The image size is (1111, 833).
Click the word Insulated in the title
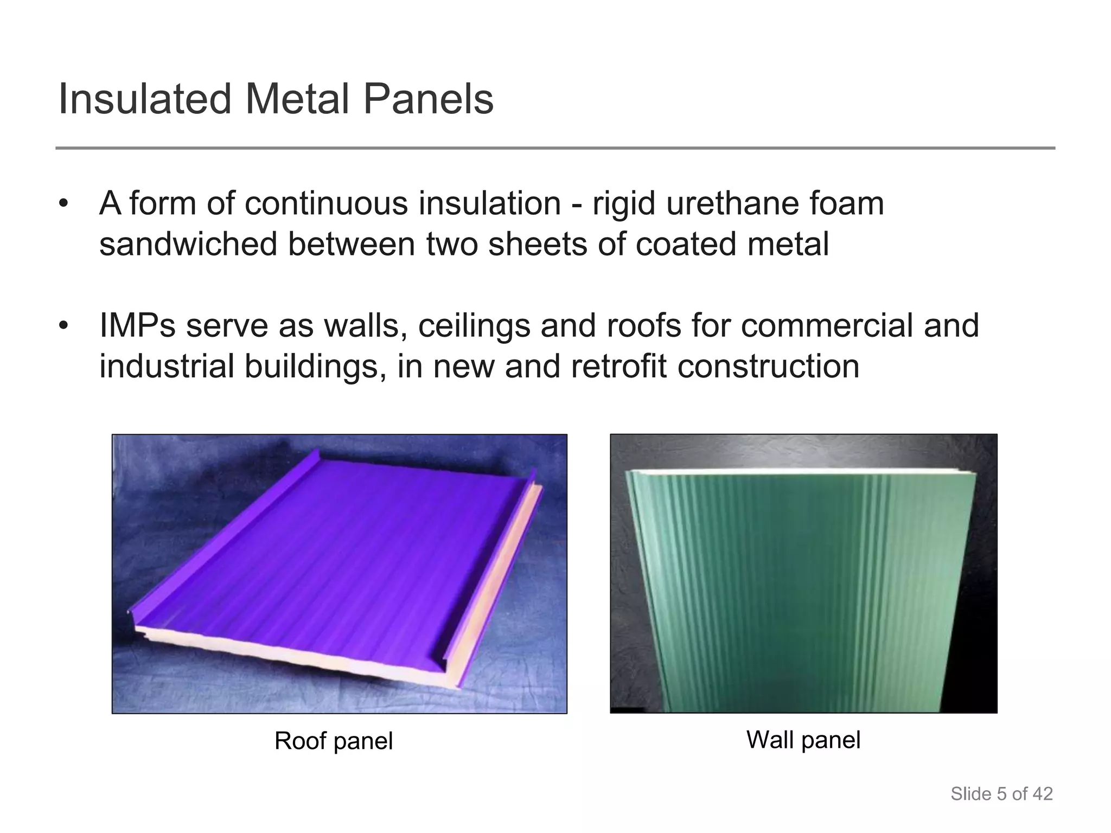tap(145, 99)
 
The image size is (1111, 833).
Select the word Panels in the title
tap(428, 99)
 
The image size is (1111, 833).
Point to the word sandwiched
tap(188, 244)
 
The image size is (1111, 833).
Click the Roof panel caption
tap(334, 741)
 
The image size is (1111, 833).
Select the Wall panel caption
tap(803, 740)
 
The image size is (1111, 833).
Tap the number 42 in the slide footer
tap(1042, 794)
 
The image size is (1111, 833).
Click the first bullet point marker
tap(64, 204)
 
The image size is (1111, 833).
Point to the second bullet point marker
tap(64, 326)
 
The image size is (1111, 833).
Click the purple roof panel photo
tap(339, 573)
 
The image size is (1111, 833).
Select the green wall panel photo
tap(803, 573)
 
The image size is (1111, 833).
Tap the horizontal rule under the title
tap(555, 148)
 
